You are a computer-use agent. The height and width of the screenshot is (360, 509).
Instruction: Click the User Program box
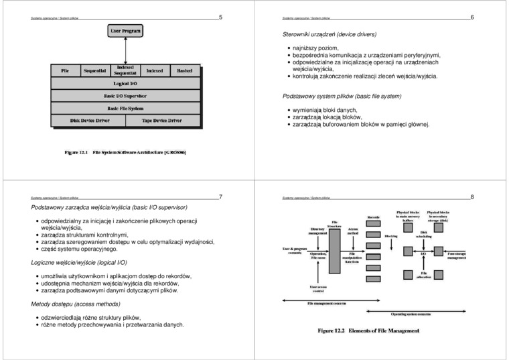pyautogui.click(x=125, y=31)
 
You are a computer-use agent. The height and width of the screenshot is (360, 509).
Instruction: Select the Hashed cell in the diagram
pyautogui.click(x=184, y=70)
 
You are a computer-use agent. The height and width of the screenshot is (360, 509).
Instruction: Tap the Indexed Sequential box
pyautogui.click(x=125, y=70)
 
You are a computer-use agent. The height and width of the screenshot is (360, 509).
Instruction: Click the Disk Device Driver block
pyautogui.click(x=89, y=121)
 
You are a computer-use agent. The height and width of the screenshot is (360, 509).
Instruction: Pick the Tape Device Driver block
pyautogui.click(x=161, y=121)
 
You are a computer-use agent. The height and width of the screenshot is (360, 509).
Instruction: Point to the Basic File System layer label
pyautogui.click(x=125, y=108)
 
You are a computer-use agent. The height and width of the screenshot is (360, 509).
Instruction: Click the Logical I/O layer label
pyautogui.click(x=125, y=84)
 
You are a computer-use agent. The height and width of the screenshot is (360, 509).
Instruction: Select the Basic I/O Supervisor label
pyautogui.click(x=125, y=96)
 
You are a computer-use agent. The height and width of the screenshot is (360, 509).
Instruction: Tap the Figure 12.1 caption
pyautogui.click(x=125, y=152)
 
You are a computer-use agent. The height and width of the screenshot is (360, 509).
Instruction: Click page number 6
pyautogui.click(x=472, y=17)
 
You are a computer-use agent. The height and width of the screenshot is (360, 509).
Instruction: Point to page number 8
pyautogui.click(x=472, y=197)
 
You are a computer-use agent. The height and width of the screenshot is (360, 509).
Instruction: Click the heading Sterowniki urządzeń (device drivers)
pyautogui.click(x=330, y=34)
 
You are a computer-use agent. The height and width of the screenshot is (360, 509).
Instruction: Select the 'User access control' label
pyautogui.click(x=318, y=288)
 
